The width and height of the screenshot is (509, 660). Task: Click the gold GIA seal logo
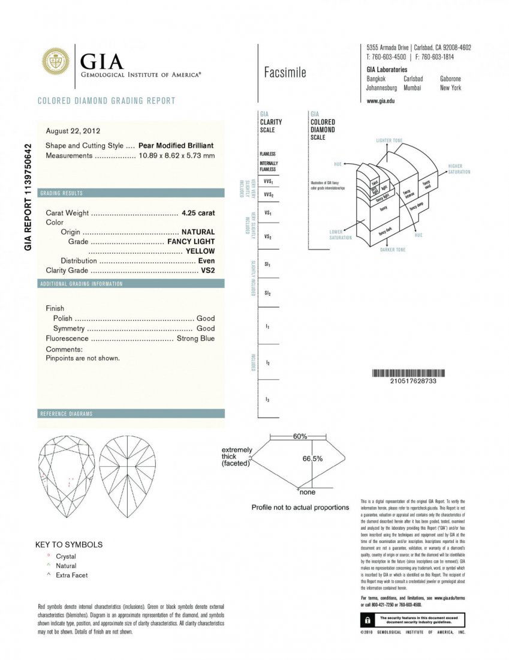pos(55,62)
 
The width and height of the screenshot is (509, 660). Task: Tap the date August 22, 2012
pos(73,131)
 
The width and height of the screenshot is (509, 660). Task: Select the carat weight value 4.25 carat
pos(198,212)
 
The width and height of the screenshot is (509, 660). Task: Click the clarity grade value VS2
pos(207,270)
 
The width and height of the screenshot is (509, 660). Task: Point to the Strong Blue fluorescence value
pos(195,338)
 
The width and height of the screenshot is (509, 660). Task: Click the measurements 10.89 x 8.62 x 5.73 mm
pos(176,155)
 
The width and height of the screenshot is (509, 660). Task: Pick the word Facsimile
pos(285,73)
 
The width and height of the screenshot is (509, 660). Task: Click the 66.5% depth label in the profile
pos(312,458)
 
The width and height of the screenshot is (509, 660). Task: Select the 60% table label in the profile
pos(300,436)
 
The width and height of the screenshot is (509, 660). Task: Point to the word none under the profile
pos(307,492)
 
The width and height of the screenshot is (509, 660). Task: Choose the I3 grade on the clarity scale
pos(267,399)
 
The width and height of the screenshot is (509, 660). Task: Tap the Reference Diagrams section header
pos(67,414)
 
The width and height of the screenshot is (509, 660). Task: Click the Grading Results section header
pos(62,193)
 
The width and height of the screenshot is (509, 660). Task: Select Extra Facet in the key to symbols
pos(71,575)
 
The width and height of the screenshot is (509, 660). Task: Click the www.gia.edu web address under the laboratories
pos(380,101)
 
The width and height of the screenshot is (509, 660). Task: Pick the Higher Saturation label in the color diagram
pos(459,169)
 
